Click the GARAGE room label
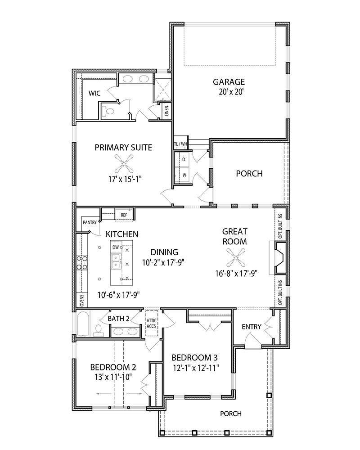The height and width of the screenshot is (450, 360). pos(229,82)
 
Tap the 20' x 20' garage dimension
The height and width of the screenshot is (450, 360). pos(229,92)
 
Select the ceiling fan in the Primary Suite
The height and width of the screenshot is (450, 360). pos(123,163)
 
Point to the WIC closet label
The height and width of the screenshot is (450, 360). pos(94,93)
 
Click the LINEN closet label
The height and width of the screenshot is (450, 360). pos(166,110)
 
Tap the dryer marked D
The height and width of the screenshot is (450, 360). pos(184,159)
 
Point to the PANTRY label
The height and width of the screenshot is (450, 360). pos(89,222)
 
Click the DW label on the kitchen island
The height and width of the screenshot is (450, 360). pos(115,247)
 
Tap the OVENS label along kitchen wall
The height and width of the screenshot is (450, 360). pos(82,300)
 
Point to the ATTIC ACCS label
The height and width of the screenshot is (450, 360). pos(151,323)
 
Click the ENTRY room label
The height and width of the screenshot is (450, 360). pos(251,326)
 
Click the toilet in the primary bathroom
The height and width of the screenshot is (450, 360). pos(108,111)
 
